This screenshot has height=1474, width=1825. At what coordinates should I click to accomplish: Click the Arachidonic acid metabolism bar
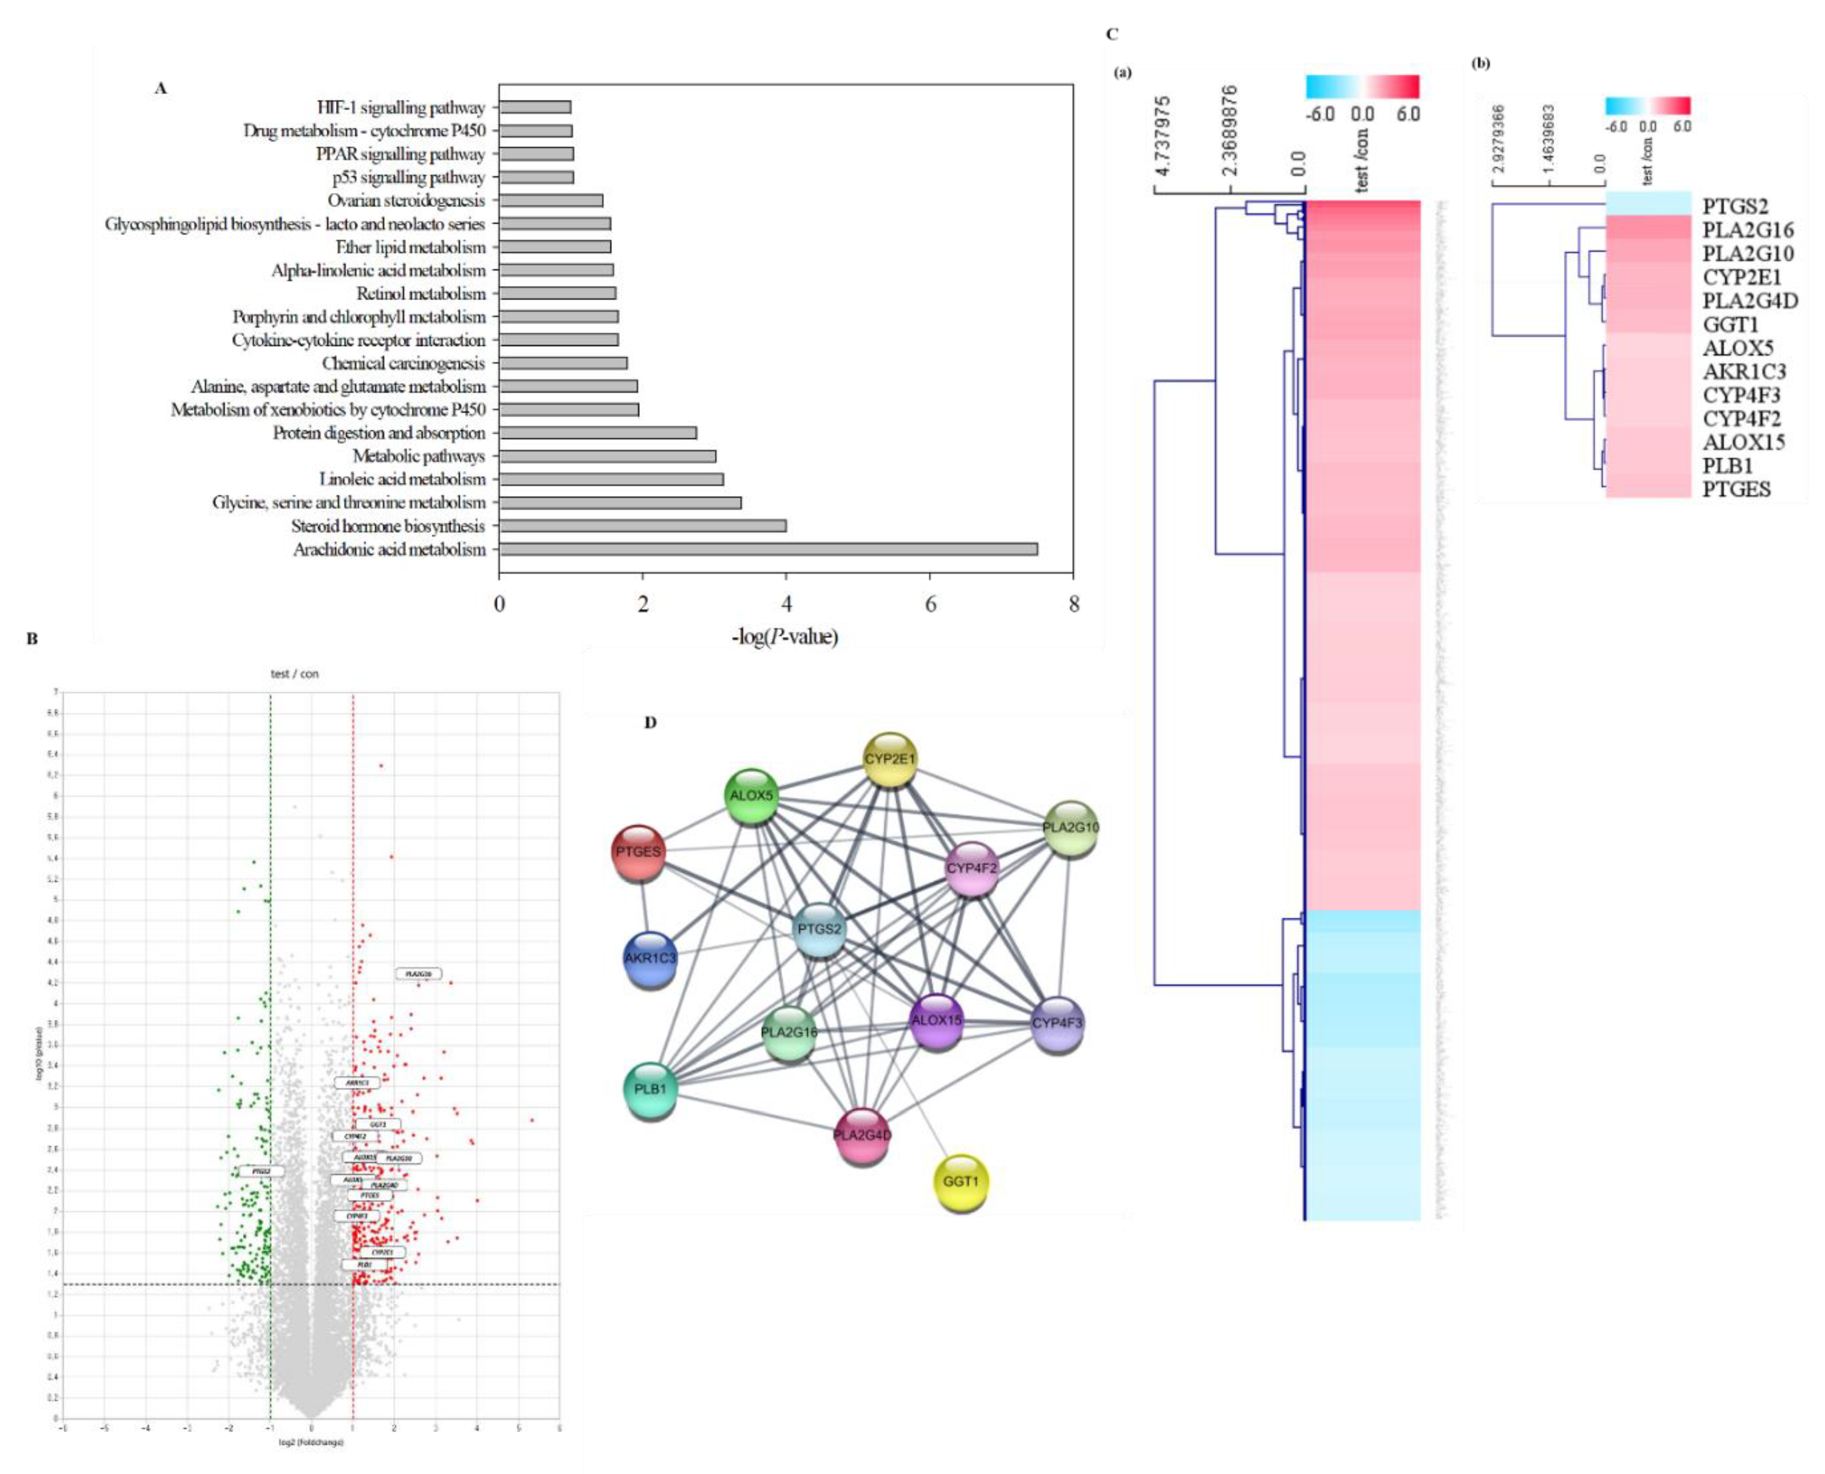pos(768,550)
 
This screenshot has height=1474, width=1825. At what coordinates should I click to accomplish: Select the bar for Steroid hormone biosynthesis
pos(642,525)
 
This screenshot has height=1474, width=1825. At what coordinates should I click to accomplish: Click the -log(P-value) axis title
pos(785,636)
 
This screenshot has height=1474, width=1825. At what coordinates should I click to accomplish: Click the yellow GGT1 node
pos(961,1181)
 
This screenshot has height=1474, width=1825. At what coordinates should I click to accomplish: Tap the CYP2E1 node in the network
pos(889,759)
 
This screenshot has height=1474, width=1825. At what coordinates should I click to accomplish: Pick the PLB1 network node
pos(650,1088)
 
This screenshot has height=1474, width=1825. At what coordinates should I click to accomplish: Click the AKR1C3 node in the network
pos(650,958)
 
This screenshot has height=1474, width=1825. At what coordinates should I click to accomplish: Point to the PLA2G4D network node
pos(862,1135)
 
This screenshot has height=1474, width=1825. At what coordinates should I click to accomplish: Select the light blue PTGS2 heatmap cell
pos(1647,205)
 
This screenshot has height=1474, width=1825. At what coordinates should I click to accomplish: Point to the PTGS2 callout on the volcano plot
pos(261,1171)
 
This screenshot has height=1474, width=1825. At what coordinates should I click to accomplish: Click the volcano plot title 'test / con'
pos(295,674)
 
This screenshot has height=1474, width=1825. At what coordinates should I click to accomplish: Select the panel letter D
pos(650,723)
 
